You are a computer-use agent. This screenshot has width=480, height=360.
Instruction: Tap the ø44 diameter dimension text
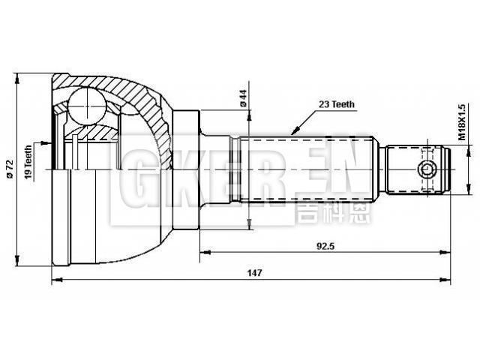(243, 97)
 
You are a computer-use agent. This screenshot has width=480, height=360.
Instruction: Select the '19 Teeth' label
(29, 160)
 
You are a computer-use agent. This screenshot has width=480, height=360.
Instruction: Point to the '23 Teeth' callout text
(336, 105)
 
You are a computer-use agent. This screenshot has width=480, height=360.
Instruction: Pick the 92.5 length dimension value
(323, 244)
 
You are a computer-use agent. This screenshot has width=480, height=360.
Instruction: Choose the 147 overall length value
(253, 274)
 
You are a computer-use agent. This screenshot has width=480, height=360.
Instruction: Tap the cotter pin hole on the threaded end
(427, 169)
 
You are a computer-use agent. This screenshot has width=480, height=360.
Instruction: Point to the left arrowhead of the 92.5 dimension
(202, 252)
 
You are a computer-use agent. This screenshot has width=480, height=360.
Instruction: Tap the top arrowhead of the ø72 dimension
(18, 76)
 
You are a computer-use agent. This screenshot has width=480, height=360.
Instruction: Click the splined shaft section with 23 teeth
(307, 169)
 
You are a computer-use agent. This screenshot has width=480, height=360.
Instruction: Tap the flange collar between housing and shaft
(187, 169)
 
